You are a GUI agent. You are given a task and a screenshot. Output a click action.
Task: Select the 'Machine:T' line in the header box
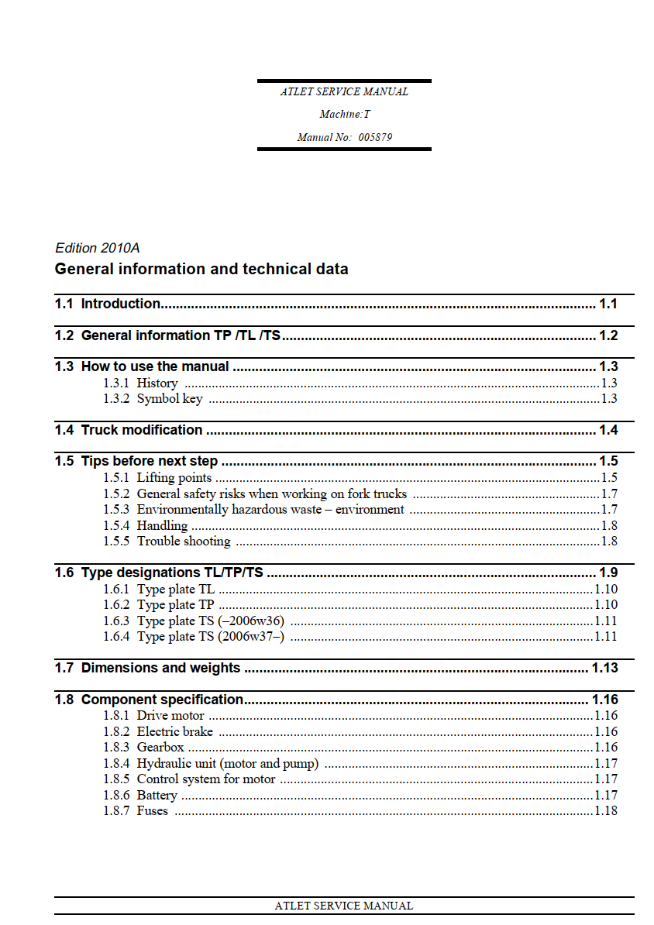click(x=344, y=115)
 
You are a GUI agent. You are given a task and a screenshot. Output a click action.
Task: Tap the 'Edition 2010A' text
click(x=97, y=249)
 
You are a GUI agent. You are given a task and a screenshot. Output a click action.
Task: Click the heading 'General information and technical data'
click(x=201, y=270)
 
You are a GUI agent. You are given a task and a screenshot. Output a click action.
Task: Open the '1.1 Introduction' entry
click(x=120, y=304)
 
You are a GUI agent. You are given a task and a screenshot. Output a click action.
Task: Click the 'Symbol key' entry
click(x=169, y=399)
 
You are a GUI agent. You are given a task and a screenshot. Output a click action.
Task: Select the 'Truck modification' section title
click(x=142, y=430)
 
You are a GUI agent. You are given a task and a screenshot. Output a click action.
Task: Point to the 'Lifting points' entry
click(x=174, y=478)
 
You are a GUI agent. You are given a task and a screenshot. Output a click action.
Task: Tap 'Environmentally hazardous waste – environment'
click(x=270, y=510)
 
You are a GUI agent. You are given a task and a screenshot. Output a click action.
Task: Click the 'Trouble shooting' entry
click(x=184, y=542)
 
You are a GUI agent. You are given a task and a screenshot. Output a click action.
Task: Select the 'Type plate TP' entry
click(x=175, y=605)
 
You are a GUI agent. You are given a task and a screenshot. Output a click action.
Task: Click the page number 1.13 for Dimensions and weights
click(x=604, y=669)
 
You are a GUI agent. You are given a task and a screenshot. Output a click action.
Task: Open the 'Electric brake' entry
click(x=174, y=732)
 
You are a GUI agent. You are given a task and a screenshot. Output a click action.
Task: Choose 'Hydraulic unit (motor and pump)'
click(x=227, y=764)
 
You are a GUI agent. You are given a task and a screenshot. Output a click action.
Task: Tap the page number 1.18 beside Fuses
click(x=605, y=811)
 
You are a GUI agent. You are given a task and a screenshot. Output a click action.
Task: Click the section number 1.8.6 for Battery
click(x=116, y=796)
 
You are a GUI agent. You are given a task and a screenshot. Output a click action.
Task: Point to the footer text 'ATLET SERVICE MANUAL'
click(x=343, y=906)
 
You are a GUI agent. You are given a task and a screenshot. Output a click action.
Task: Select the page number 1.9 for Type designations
click(x=608, y=573)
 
